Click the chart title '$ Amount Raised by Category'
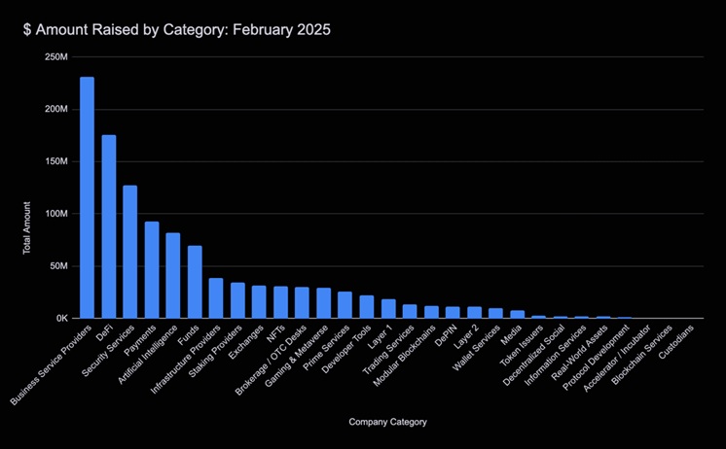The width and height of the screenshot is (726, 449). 178,30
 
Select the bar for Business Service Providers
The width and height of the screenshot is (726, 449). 88,198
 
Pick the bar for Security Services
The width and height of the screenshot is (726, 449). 130,252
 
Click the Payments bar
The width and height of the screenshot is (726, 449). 152,270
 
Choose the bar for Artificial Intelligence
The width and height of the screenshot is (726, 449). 173,276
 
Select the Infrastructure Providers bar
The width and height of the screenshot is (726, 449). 216,298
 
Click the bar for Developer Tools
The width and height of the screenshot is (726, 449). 367,307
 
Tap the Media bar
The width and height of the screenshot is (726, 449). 518,314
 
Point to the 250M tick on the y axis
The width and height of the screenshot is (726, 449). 55,57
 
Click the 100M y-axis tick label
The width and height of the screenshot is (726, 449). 55,214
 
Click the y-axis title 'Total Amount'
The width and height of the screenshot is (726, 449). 27,228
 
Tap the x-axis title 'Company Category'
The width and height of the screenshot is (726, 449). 386,422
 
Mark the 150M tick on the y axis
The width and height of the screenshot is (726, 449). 55,161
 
